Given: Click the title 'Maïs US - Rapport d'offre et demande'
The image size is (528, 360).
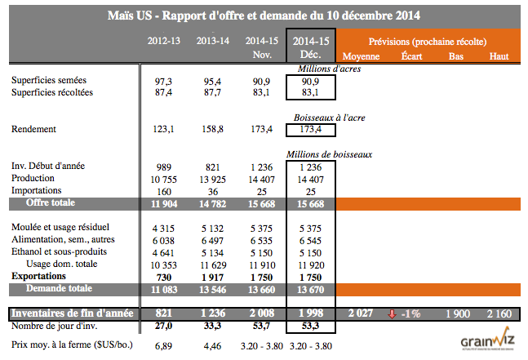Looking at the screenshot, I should coord(263,16).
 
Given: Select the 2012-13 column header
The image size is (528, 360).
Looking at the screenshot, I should coord(162,40).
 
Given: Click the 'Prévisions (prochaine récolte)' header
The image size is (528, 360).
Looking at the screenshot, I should coord(428,40).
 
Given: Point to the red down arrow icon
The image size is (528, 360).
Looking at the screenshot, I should coord(393,314).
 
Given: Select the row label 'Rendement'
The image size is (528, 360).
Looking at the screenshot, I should coord(33,129).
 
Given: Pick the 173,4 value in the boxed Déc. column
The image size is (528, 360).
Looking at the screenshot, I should coord(310,130).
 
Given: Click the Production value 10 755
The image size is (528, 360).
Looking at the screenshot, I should coord(162,178).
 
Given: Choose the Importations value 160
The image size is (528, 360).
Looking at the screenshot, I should coord(162,189).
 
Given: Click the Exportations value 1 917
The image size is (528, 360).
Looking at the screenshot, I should coord(211,277).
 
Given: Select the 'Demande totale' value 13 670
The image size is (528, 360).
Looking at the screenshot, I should coord(310,289).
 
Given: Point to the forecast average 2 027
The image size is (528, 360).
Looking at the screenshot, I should coord(360,314).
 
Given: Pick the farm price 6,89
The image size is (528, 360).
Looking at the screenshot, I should coord(162,347).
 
